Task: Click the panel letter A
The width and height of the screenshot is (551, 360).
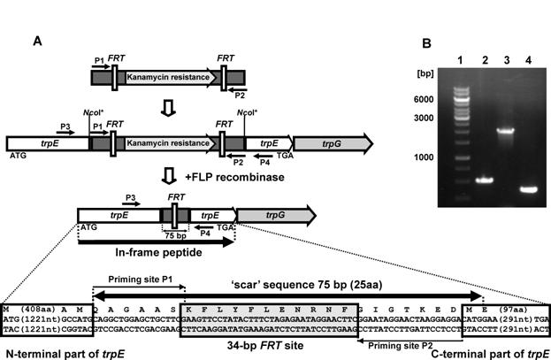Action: pyautogui.click(x=37, y=42)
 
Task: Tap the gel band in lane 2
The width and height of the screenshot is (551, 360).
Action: pyautogui.click(x=483, y=180)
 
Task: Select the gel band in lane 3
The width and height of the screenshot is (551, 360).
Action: pyautogui.click(x=505, y=132)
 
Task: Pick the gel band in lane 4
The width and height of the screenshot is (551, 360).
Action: pyautogui.click(x=529, y=189)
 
